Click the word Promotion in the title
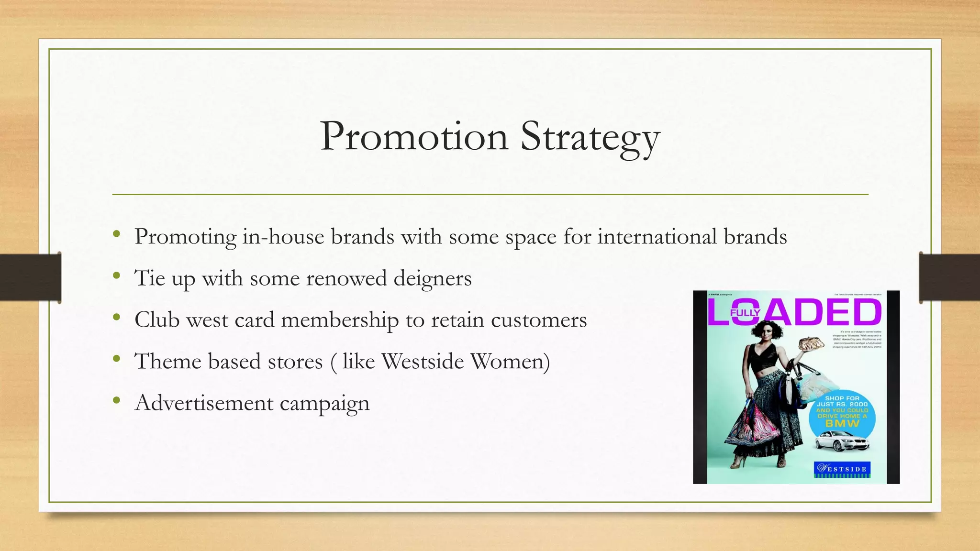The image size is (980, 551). click(x=414, y=137)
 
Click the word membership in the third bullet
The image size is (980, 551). click(x=340, y=320)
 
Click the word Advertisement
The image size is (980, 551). click(x=204, y=403)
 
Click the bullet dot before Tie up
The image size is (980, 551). click(x=116, y=275)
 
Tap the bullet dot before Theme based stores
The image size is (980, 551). click(x=116, y=359)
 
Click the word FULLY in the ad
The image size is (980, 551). click(x=745, y=313)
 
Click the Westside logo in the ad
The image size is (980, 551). click(x=842, y=469)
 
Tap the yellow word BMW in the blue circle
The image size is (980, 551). click(x=842, y=423)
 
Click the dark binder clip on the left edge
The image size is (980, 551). click(x=31, y=277)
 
